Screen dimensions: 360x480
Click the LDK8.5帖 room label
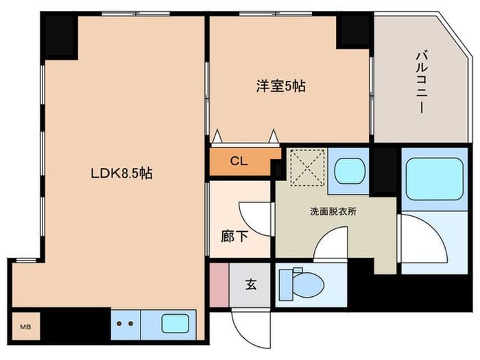[x=121, y=174]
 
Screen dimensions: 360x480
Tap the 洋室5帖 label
[x=281, y=86]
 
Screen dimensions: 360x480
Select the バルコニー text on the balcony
[x=420, y=82]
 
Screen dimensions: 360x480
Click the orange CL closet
[x=239, y=163]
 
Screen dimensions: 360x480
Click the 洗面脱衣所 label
[x=333, y=211]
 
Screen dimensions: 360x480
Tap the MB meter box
[x=25, y=326]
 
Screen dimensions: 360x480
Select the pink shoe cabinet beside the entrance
[x=218, y=284]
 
